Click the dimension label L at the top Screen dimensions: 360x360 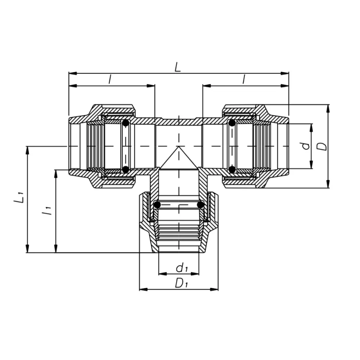(178, 67)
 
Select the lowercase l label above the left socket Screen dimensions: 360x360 (110, 79)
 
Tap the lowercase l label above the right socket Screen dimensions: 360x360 (243, 79)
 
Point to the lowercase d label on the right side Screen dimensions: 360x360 (305, 146)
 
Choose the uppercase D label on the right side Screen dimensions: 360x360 (321, 146)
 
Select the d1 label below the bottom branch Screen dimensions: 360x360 (181, 269)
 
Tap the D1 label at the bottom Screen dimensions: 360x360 (181, 283)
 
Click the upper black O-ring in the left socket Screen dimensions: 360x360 (126, 123)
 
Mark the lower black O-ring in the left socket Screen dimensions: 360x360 (126, 170)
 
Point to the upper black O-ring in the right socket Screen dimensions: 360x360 (231, 123)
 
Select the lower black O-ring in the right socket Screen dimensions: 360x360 (231, 170)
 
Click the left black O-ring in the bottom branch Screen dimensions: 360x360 (157, 205)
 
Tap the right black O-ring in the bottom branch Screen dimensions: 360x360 (201, 205)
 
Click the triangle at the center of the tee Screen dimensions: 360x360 (179, 159)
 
